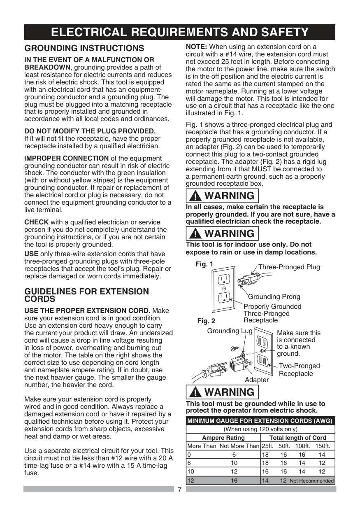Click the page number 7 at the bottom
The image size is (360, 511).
coord(180,490)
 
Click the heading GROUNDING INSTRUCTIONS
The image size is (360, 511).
coord(84,48)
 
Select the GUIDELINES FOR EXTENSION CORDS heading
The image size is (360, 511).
coord(86,295)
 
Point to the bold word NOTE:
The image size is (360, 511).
coord(197,47)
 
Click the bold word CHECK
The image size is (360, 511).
coord(37,222)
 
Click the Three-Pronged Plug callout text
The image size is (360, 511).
coord(289,267)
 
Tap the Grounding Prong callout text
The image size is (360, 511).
coord(274,296)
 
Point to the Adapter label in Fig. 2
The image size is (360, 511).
coord(256,380)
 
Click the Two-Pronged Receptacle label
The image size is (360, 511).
coord(299,370)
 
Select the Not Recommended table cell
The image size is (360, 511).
coord(311,481)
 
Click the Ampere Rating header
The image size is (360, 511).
coord(223,438)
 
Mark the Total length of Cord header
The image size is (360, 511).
coord(297,438)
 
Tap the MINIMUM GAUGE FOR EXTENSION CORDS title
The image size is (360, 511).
coord(260,421)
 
